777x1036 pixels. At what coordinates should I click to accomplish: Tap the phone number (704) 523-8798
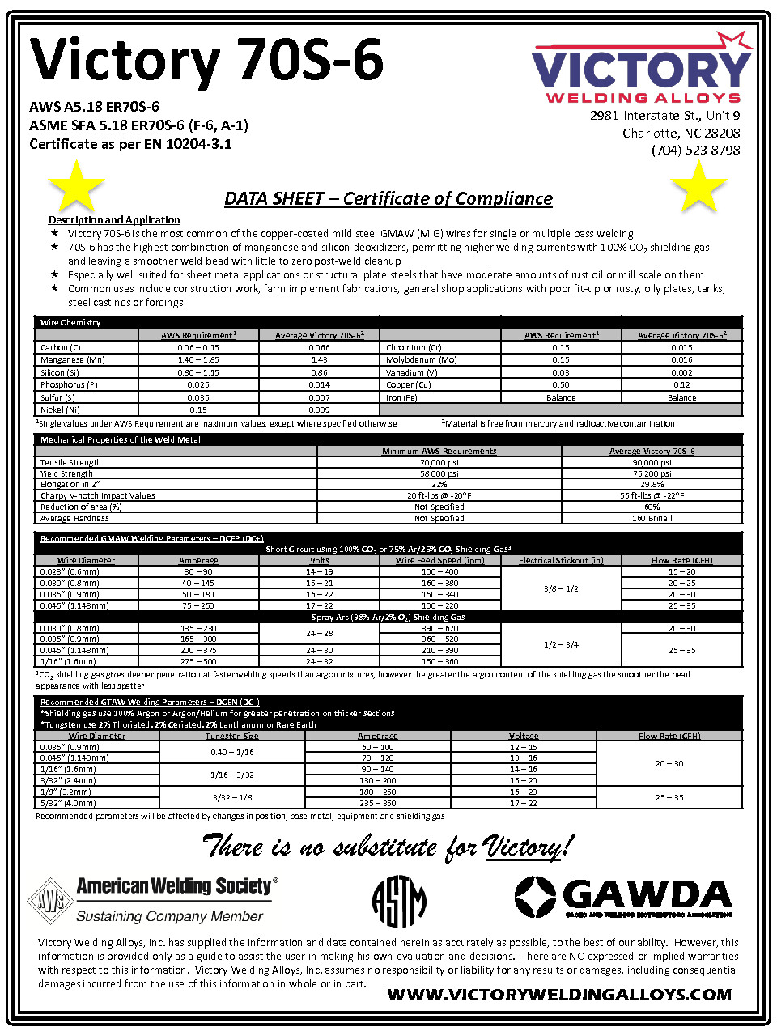(695, 151)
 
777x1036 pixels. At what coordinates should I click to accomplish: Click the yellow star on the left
(76, 186)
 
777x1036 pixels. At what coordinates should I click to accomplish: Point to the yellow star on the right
(698, 186)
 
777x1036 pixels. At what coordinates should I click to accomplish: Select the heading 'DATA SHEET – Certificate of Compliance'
(388, 199)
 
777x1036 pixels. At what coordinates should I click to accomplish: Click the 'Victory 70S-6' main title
(206, 61)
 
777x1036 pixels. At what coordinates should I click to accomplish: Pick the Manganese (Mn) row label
(73, 360)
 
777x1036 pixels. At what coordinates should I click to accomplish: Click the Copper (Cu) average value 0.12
(681, 385)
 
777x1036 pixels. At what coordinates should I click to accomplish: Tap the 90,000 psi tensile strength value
(652, 463)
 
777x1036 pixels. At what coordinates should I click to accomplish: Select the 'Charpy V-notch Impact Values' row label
(98, 496)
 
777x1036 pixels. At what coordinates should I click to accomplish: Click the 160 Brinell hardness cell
(652, 518)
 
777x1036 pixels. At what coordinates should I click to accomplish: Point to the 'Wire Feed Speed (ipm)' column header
(439, 560)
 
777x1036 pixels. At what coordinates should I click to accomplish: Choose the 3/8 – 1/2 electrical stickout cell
(561, 588)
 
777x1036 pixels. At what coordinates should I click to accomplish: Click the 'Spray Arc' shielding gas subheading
(388, 617)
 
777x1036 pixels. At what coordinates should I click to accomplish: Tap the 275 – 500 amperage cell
(198, 662)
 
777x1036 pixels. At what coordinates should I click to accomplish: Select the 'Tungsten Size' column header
(232, 736)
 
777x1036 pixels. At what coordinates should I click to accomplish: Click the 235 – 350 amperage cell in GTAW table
(378, 803)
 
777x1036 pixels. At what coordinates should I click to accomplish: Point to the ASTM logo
(399, 901)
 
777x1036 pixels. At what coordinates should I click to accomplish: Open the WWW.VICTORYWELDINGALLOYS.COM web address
(559, 995)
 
